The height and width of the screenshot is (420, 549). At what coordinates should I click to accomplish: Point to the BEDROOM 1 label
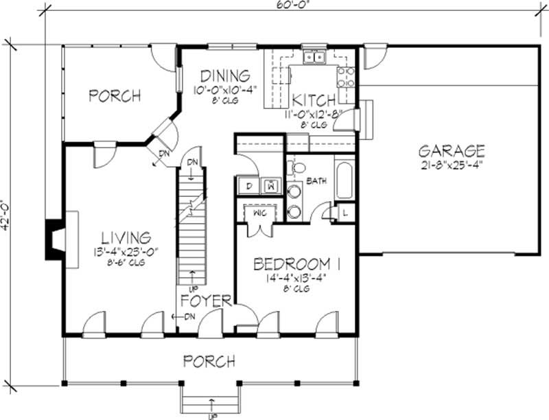(x=297, y=264)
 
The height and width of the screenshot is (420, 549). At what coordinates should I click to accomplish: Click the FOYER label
(x=205, y=300)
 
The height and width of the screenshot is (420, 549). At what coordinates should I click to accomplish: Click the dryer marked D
(x=247, y=185)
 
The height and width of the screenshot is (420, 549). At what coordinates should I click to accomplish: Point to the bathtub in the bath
(x=344, y=180)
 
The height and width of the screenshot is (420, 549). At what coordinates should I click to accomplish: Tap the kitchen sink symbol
(x=315, y=58)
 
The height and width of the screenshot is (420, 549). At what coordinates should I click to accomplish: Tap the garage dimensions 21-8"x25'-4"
(x=452, y=167)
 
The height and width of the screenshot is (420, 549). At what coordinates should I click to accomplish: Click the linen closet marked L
(x=344, y=213)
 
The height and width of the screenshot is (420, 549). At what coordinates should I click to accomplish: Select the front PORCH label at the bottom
(x=210, y=360)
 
